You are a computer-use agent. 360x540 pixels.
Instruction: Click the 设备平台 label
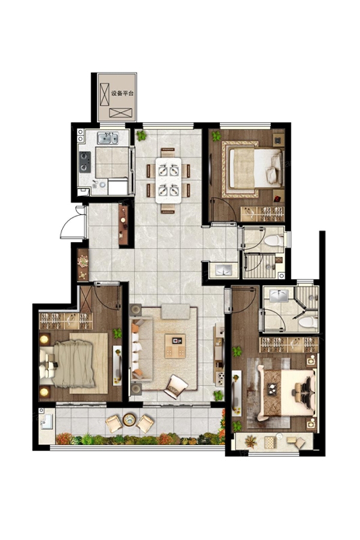click(122, 93)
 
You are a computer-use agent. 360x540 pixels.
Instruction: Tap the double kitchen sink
click(107, 138)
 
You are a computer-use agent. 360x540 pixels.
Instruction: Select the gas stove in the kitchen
click(85, 162)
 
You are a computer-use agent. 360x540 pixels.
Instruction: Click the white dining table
click(168, 180)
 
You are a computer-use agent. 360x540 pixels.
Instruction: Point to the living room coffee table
click(175, 346)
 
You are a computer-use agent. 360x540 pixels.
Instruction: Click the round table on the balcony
click(129, 419)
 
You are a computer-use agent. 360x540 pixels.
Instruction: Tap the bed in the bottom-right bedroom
click(287, 392)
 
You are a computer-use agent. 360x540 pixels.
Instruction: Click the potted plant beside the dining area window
click(141, 136)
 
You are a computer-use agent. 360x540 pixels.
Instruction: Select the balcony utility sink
click(47, 421)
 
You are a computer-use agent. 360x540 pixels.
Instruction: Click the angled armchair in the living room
click(175, 386)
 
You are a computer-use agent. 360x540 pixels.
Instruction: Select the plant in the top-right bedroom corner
click(217, 136)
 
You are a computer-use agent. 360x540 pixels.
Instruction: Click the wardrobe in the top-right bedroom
click(262, 214)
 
